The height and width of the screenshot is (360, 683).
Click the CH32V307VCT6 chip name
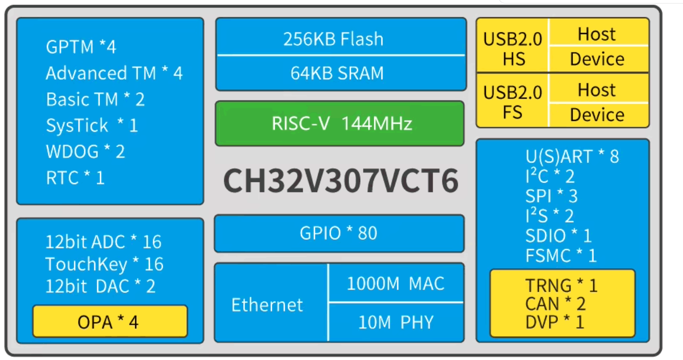point(341,181)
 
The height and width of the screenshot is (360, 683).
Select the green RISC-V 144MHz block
point(339,124)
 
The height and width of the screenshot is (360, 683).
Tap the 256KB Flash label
point(333,39)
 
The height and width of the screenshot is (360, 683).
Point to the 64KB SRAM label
point(337,73)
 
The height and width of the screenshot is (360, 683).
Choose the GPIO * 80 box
point(338,233)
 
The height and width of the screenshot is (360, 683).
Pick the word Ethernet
point(267,305)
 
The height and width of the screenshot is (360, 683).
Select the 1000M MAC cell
point(395,283)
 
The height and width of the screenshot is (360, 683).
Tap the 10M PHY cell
point(396,322)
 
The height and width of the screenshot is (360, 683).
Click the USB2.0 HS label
point(512,48)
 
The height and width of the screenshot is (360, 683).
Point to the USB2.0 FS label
point(512,102)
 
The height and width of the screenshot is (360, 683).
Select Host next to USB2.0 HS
point(597,34)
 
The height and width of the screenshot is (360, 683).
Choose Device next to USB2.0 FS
point(597,115)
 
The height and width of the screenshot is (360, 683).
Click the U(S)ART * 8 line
point(572,157)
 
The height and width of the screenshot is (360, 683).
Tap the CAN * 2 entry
point(555,304)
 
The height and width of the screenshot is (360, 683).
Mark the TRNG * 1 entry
point(561,285)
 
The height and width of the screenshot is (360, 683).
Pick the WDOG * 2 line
point(85,152)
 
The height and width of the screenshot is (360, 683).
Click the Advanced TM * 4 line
point(114,74)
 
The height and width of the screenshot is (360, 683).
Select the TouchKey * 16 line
point(104,264)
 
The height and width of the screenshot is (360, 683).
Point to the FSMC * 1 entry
point(561,256)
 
